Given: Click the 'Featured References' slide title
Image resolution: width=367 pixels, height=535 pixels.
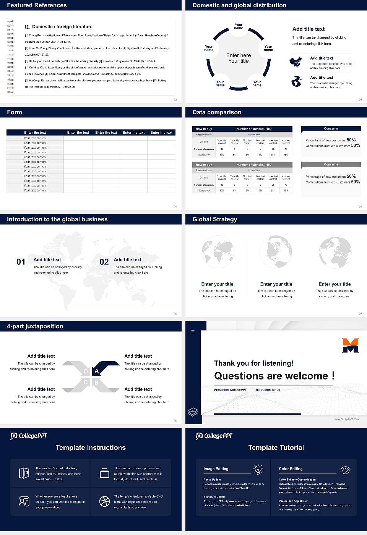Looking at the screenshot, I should pos(37,5).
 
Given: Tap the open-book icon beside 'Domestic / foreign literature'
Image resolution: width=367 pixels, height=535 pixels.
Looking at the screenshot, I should pos(28,27).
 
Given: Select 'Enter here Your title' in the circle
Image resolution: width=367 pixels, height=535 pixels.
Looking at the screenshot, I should pos(239,58).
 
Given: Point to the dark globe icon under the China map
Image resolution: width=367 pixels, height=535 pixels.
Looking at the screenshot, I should pos(296,81).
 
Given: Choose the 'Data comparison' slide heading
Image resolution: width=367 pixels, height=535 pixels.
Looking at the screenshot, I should pos(217,112).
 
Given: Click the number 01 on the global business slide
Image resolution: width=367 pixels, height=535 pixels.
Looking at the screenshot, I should pos(21,262).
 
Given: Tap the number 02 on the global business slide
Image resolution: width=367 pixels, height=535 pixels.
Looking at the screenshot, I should pos(104,262).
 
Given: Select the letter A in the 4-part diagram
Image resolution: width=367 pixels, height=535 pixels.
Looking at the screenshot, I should pos(97,371).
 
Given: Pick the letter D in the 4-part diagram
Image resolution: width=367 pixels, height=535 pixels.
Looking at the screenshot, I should pos(86,371).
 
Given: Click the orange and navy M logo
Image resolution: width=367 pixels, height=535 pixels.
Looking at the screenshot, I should pos(350,345).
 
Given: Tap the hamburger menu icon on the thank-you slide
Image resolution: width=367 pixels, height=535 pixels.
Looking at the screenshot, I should pos(193,332).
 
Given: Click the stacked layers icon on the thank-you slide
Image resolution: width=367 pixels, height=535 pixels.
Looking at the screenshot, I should pos(193,412).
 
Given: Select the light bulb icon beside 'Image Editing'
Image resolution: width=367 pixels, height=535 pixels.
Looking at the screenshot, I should pos(258,469).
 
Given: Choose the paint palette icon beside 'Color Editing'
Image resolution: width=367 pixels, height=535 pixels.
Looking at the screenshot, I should pos(345,470).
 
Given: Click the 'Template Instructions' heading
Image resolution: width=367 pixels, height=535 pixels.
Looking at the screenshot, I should pos(91,447).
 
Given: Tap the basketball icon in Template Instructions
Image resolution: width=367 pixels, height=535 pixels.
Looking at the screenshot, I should pos(104,501).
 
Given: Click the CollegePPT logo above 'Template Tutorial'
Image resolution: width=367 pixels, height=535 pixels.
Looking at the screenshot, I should pos(214,436).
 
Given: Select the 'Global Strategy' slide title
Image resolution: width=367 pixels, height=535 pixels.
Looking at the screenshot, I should pos(214,219).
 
